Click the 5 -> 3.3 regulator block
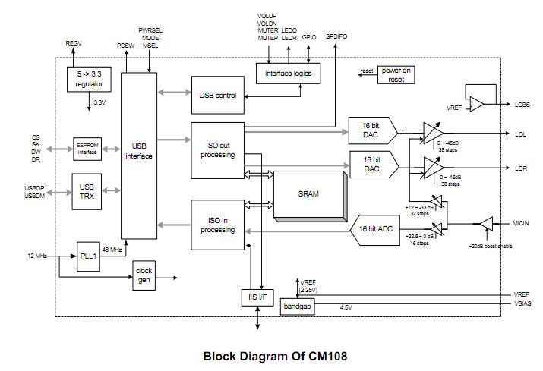[x=88, y=80]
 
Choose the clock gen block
[x=144, y=275]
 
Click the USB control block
[x=218, y=96]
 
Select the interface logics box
[x=288, y=73]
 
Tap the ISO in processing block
[x=217, y=225]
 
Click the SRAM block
[x=308, y=193]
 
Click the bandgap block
[x=296, y=306]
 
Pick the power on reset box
[x=396, y=75]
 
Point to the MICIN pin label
[x=520, y=223]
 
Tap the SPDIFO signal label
[x=336, y=36]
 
